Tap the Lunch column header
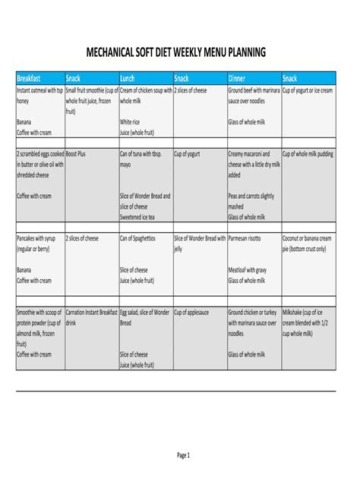pos(127,78)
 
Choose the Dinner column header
pos(237,78)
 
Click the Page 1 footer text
pos(183,455)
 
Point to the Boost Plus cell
pos(76,153)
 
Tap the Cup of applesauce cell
pos(191,312)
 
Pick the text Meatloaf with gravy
pos(248,269)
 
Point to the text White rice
pos(130,121)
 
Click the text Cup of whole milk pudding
pos(308,153)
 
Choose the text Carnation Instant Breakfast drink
pos(91,317)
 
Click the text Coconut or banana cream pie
pos(307,243)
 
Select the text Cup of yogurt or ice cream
pos(308,90)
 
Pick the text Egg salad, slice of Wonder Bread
pos(145,317)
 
